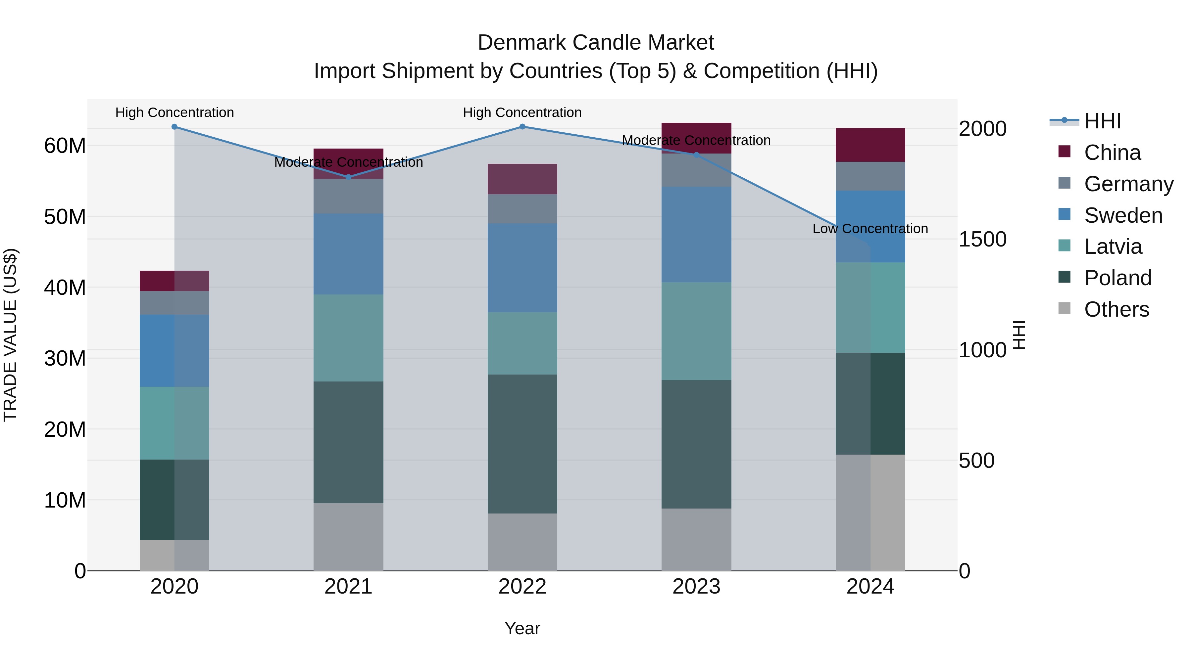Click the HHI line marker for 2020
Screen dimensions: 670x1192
click(x=174, y=127)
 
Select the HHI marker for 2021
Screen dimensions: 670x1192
click(x=348, y=177)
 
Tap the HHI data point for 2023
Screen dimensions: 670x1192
click(x=696, y=155)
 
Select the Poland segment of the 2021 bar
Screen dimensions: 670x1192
click(x=348, y=442)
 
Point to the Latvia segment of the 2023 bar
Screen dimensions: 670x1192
click(x=696, y=331)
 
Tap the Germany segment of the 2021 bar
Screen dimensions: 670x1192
click(x=348, y=196)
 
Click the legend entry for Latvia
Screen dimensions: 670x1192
click(x=1113, y=246)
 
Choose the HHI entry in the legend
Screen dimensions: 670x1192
click(x=1102, y=121)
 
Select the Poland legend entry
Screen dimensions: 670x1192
click(x=1117, y=278)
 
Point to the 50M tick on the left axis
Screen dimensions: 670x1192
click(x=65, y=217)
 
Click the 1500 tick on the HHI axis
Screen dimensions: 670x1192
click(x=982, y=239)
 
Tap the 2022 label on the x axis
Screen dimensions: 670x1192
click(x=522, y=587)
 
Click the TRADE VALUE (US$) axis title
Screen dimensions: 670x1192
click(x=10, y=335)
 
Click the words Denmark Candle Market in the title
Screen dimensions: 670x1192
click(x=596, y=43)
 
